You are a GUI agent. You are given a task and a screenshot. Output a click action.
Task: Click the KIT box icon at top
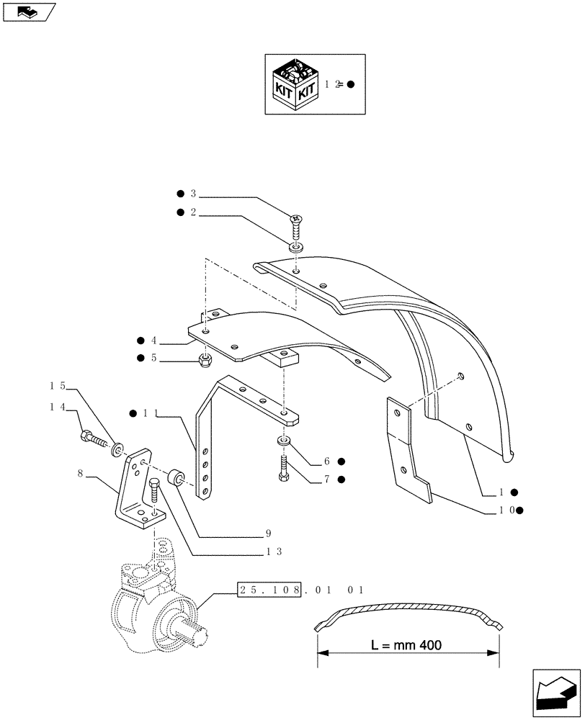click(292, 84)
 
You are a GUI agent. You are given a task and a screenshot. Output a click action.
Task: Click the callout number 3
click(193, 194)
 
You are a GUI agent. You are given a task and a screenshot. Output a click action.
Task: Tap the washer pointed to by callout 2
click(296, 249)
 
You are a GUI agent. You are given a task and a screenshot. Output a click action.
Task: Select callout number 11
click(148, 413)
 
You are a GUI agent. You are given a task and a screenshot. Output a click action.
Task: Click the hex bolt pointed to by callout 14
click(89, 435)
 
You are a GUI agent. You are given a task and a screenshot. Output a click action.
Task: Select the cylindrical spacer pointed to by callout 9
click(174, 478)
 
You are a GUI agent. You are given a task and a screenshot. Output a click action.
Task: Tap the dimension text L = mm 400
click(408, 644)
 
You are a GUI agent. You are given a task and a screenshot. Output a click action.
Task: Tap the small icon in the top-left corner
click(28, 12)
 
